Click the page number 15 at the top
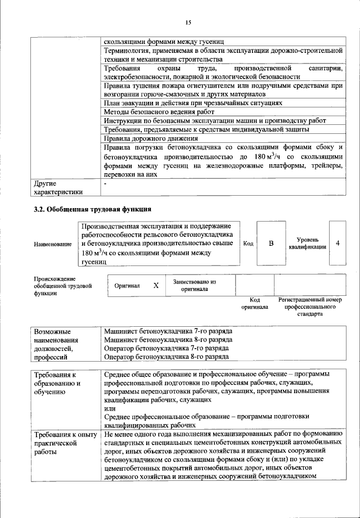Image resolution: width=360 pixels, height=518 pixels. [x=187, y=22]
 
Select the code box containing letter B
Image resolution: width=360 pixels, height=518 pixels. [x=271, y=244]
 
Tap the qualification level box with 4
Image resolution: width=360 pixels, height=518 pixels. [x=337, y=243]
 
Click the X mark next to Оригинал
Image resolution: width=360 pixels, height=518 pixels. [x=156, y=286]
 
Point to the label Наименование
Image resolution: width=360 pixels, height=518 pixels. [x=53, y=244]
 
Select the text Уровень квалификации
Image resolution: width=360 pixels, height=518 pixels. [x=307, y=244]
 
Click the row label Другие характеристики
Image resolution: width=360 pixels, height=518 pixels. [x=58, y=187]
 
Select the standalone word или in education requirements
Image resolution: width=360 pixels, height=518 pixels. [x=111, y=408]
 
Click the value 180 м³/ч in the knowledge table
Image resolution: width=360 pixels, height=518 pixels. [x=264, y=156]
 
